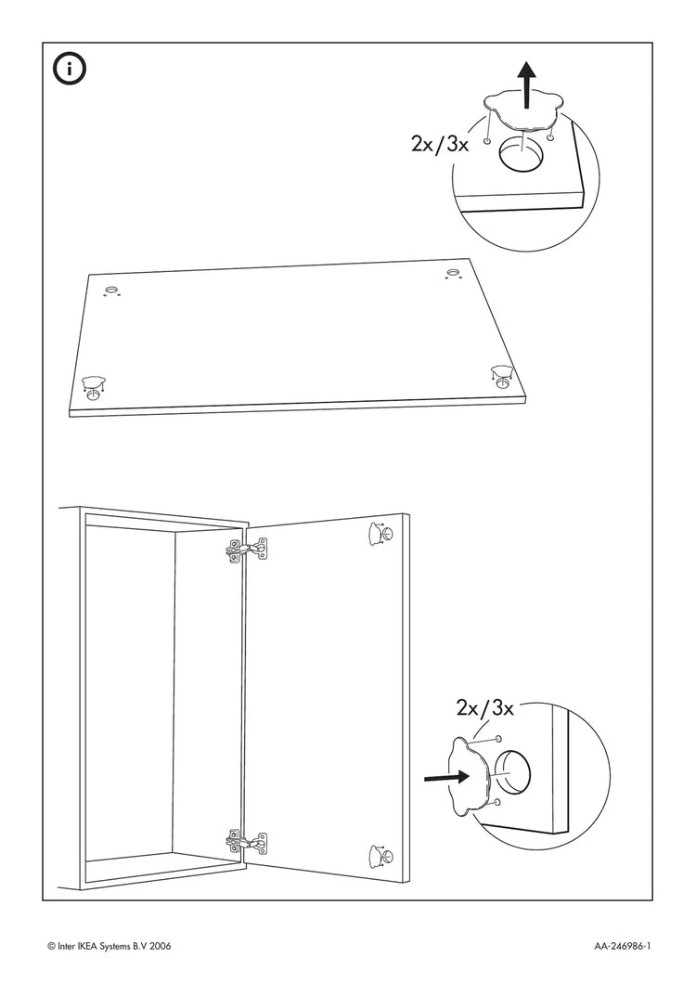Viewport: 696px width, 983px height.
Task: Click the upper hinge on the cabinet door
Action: (x=246, y=550)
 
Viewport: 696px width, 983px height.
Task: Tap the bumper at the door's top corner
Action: (x=380, y=533)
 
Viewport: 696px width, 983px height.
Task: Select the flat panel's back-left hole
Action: (x=112, y=291)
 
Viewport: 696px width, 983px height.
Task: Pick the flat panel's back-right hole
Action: (x=454, y=271)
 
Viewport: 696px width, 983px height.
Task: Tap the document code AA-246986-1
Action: (x=623, y=946)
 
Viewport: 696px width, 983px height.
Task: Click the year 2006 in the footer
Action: (x=157, y=946)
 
